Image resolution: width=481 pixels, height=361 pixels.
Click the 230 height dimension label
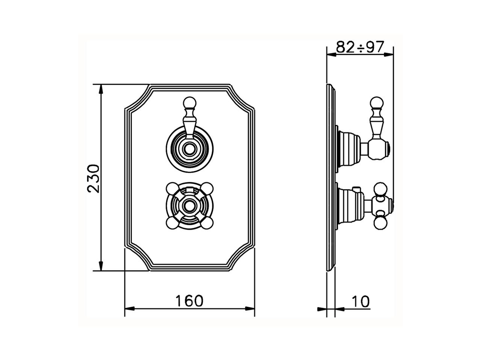click(93, 178)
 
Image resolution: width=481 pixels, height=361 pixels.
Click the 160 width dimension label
click(189, 301)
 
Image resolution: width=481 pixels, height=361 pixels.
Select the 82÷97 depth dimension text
click(360, 47)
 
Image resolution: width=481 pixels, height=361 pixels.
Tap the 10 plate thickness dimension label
click(360, 301)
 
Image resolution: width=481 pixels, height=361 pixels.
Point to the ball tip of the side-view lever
click(377, 102)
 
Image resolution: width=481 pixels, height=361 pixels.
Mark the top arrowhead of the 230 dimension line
click(101, 89)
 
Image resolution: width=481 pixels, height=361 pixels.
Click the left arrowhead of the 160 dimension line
click(129, 309)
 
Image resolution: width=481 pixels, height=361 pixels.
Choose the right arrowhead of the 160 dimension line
click(250, 309)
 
